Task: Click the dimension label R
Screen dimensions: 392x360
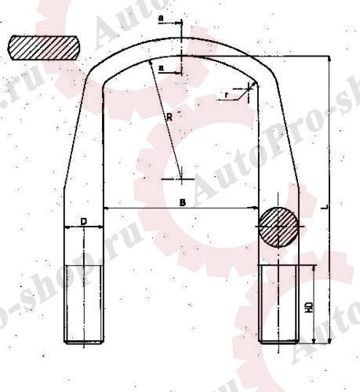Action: (169, 116)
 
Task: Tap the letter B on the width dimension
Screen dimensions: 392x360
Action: (182, 202)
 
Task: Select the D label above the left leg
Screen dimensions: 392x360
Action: (83, 222)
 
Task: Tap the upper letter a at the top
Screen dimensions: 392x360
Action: (160, 15)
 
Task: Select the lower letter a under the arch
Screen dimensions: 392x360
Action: (161, 69)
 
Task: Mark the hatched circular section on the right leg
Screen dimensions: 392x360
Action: (279, 226)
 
